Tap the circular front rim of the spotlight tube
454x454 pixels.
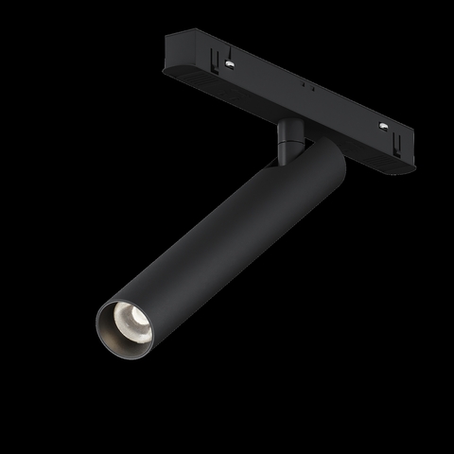pos(105,312)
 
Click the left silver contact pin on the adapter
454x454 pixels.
pos(229,64)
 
